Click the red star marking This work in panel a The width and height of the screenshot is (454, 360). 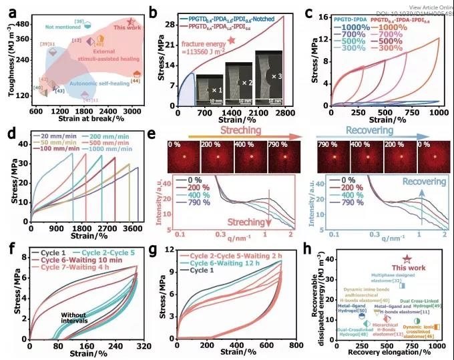[132, 23]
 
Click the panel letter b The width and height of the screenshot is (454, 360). [154, 12]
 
